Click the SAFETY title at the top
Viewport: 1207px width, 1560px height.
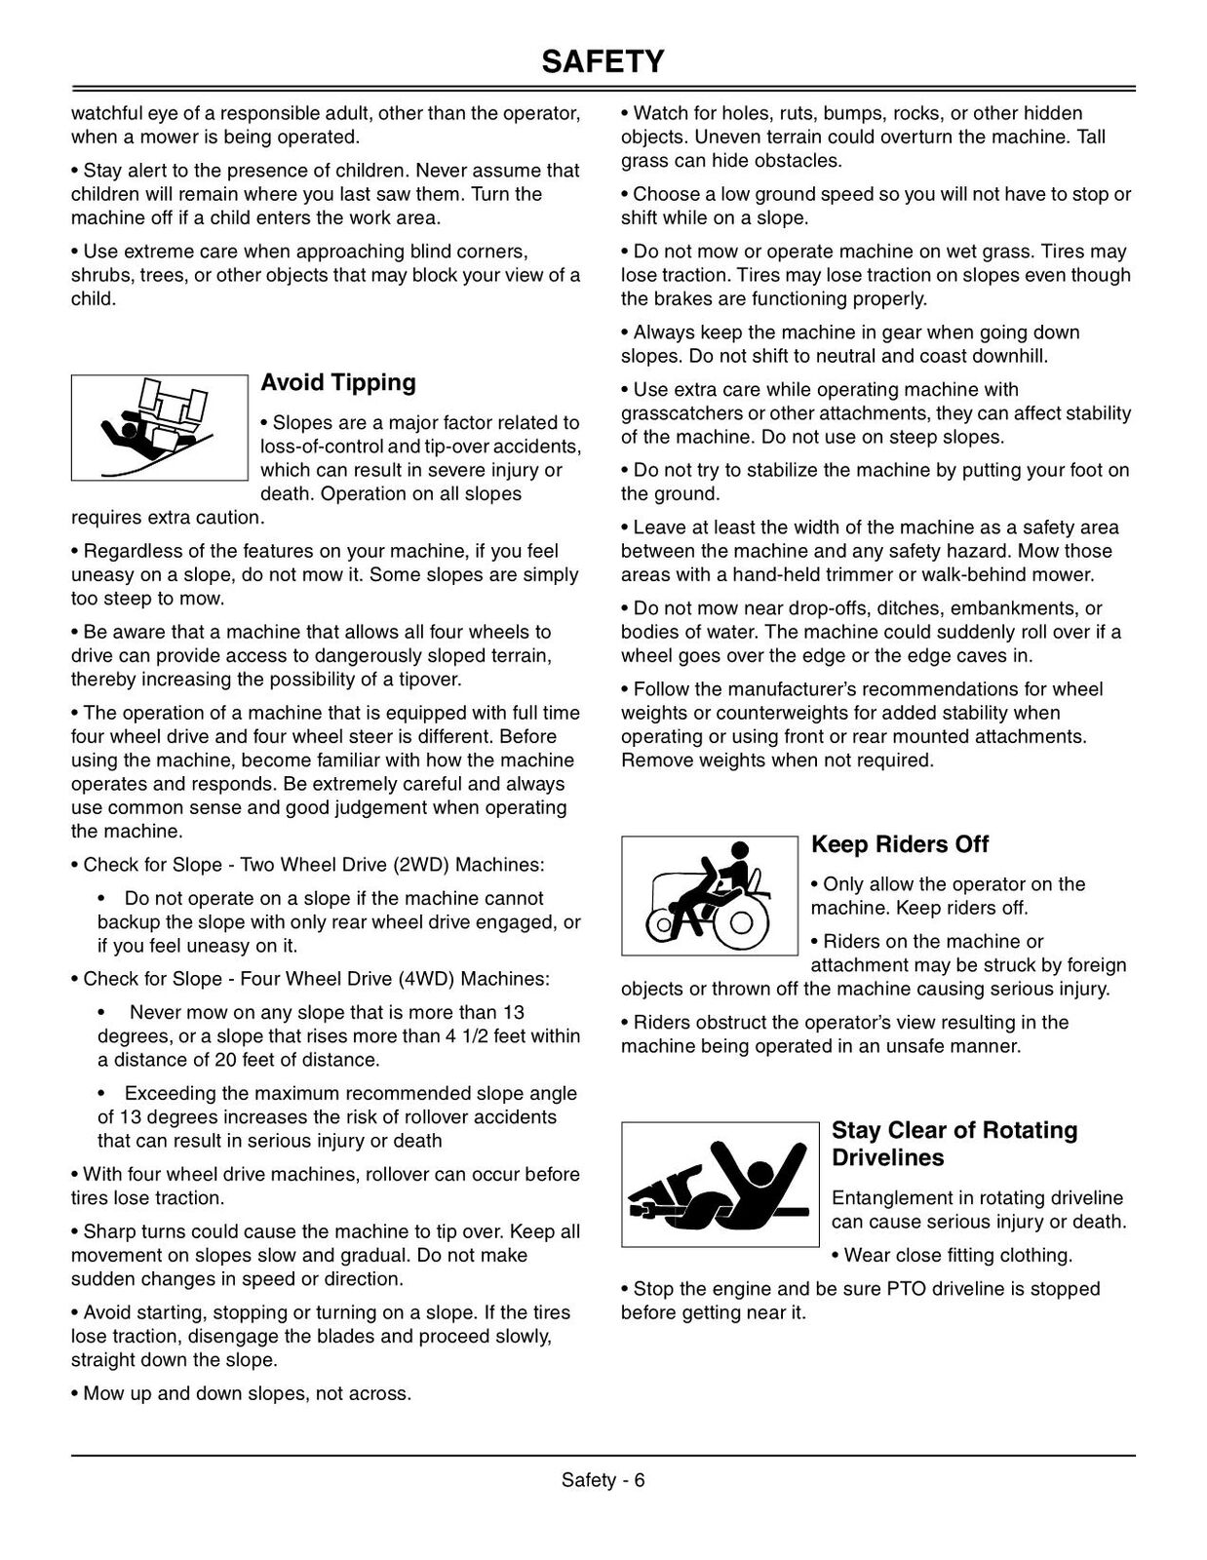coord(603,61)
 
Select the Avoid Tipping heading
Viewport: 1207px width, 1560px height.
coord(338,382)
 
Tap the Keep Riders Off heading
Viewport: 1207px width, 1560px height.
coord(900,844)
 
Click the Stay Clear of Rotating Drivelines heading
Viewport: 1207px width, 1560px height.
coord(954,1144)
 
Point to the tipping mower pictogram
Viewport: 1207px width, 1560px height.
coord(159,427)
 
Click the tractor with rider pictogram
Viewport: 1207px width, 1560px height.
coord(709,895)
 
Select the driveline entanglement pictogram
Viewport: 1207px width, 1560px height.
coord(720,1184)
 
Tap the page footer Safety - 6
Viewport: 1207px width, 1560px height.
coord(603,1480)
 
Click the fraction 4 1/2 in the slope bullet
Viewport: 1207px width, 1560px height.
coord(467,1036)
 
